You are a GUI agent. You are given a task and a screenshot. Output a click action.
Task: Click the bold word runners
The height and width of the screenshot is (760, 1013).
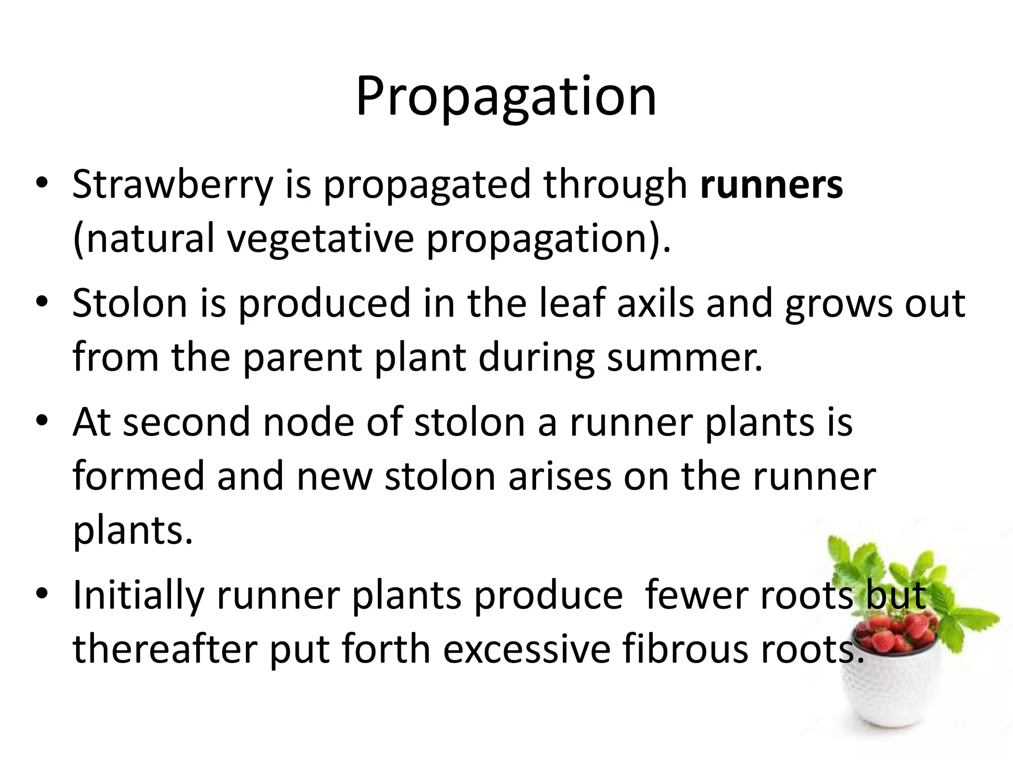(x=771, y=185)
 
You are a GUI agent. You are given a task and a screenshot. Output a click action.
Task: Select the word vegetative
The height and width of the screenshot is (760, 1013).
(x=320, y=239)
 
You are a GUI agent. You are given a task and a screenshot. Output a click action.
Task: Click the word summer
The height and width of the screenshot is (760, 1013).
(x=685, y=358)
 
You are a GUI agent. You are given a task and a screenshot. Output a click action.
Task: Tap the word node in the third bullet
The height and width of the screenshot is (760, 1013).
(x=308, y=422)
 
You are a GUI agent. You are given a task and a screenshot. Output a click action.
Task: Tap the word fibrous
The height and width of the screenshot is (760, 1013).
(x=685, y=650)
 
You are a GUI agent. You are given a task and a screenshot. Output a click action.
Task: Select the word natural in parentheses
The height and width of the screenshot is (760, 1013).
(x=143, y=239)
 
